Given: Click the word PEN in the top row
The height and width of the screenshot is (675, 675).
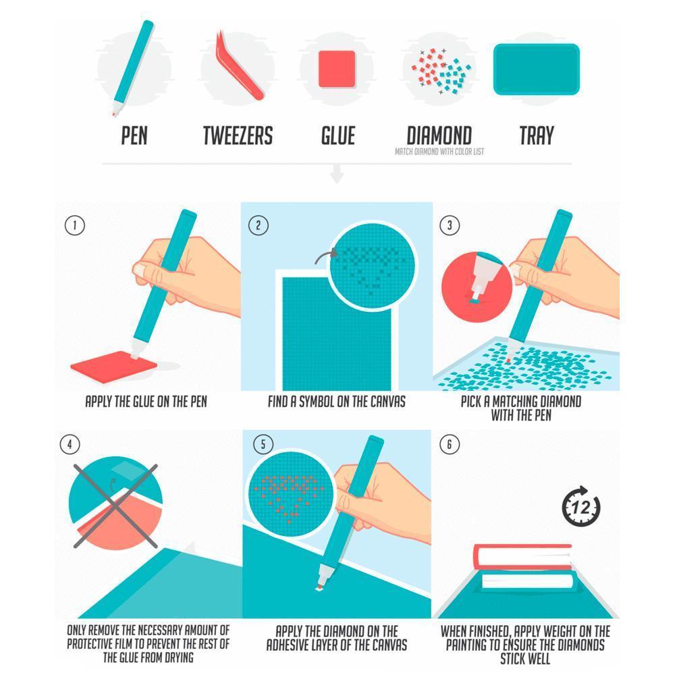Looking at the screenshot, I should (x=134, y=136).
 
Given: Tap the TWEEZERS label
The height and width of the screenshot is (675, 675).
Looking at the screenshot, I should (x=238, y=136).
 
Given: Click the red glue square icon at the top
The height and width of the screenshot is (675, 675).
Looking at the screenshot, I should (x=337, y=68).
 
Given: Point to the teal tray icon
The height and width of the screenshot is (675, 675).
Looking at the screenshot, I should (x=537, y=69).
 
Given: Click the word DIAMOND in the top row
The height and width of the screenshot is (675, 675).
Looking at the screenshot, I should (x=439, y=135).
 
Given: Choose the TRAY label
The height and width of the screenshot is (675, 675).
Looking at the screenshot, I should (x=536, y=136).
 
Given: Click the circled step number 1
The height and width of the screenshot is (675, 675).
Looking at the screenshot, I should (x=74, y=225).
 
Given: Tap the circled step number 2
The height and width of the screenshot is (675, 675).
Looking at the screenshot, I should (x=259, y=225).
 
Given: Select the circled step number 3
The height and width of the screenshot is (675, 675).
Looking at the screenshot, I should (x=450, y=225).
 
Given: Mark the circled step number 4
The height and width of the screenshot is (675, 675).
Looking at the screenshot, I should (x=70, y=444).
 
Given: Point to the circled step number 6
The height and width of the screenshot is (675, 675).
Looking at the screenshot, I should (x=450, y=444).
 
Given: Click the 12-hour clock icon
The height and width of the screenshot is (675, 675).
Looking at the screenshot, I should (x=581, y=506).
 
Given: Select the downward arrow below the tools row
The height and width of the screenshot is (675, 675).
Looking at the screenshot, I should (x=337, y=176).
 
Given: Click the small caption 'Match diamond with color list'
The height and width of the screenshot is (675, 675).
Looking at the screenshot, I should (x=439, y=152).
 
